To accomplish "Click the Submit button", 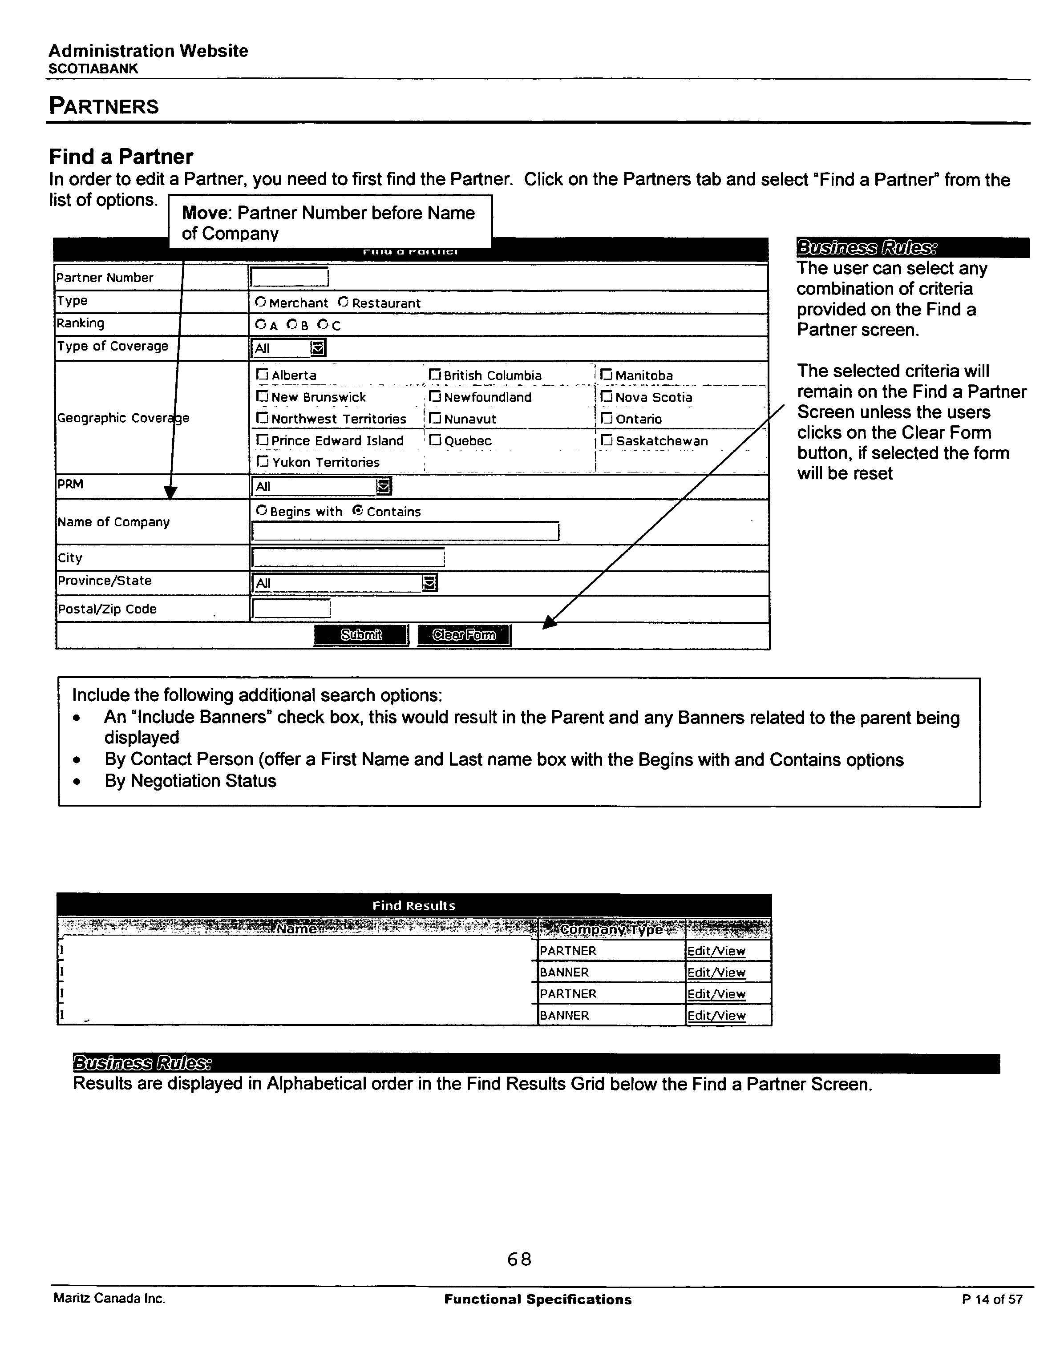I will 361,635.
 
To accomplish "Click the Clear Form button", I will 464,635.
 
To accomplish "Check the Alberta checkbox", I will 262,375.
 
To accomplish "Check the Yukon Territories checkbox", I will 262,462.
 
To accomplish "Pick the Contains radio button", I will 358,511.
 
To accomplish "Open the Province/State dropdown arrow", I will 429,583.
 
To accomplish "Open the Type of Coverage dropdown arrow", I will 318,348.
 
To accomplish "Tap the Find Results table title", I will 414,905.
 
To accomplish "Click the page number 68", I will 519,1259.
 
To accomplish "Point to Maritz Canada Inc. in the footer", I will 109,1299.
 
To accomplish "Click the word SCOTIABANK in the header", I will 93,69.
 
